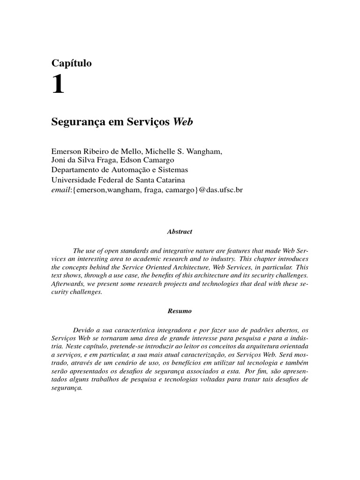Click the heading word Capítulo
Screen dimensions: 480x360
tap(71, 63)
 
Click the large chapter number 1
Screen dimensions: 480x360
tap(58, 85)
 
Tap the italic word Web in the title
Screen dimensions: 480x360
tap(183, 121)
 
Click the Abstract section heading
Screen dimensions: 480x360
tap(180, 232)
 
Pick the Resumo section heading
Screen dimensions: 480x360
tap(180, 311)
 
